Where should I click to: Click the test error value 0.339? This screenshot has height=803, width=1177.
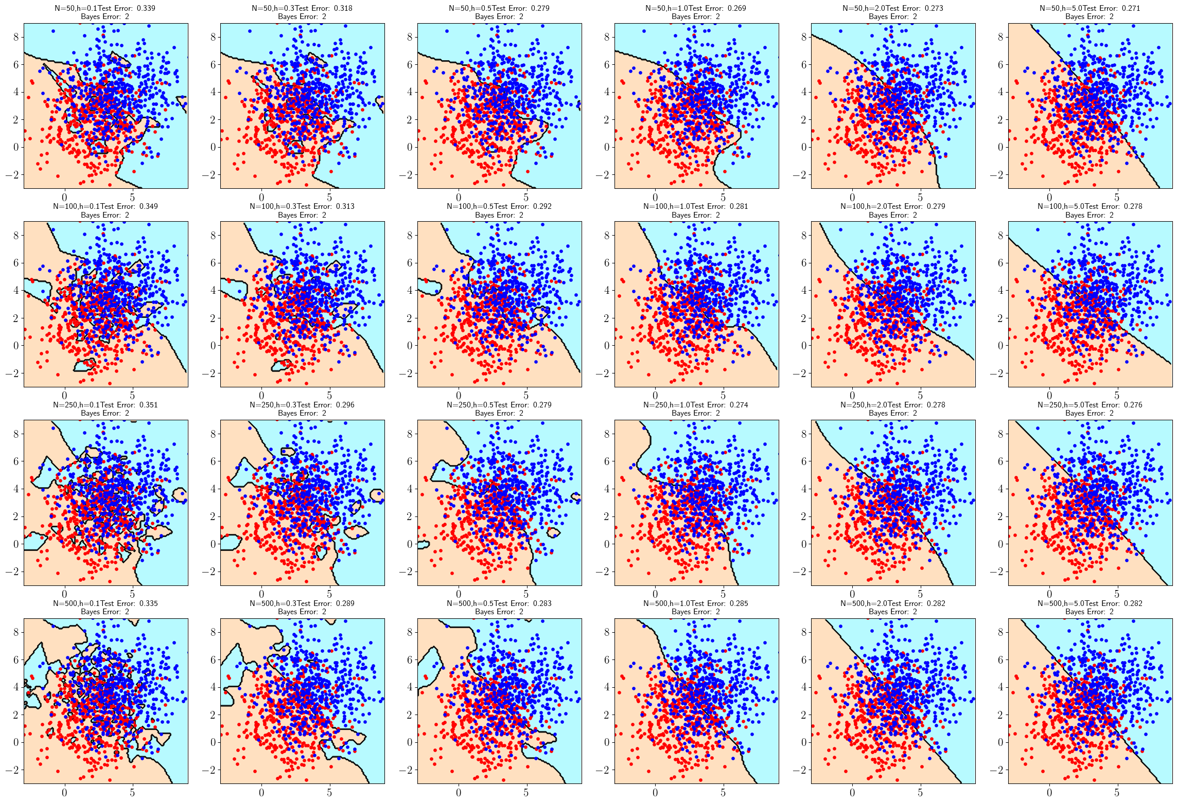(146, 8)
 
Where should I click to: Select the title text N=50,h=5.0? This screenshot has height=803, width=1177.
(1056, 8)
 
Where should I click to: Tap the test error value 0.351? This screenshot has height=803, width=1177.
(148, 405)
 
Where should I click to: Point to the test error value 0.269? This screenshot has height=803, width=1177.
(736, 8)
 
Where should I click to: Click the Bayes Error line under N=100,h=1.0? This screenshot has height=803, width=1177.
(696, 215)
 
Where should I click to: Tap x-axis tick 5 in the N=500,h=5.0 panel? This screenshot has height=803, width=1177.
(1117, 793)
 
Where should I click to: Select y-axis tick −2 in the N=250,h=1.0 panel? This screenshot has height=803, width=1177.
(603, 572)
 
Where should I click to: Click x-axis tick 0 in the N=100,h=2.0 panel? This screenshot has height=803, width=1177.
(852, 396)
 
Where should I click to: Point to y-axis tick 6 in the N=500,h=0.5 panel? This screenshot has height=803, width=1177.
(410, 659)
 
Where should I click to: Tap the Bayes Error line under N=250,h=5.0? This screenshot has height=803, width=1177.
(1090, 413)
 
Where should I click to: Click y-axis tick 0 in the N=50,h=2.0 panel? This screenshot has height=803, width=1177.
(804, 147)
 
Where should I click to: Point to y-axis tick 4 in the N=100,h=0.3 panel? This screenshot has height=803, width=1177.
(213, 291)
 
